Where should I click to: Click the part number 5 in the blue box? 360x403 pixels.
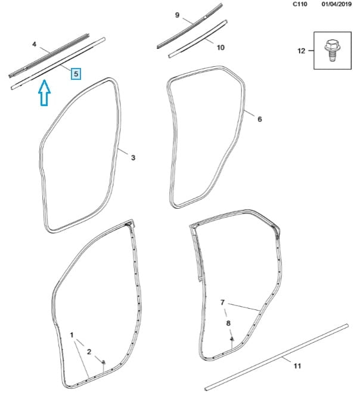pos(76,74)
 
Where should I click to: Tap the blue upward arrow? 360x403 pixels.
pos(44,92)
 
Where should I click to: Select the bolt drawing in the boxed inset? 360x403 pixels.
pos(333,50)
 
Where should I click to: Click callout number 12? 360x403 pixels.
pos(301,51)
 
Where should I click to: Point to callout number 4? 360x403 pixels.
pos(34,45)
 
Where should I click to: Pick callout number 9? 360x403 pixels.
pos(177,15)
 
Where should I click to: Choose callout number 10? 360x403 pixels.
pos(221,48)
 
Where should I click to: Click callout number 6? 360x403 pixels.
pos(259,119)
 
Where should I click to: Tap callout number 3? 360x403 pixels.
pos(133,157)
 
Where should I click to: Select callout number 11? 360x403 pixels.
pos(297,366)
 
